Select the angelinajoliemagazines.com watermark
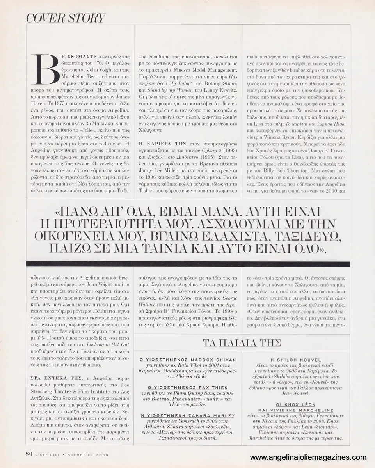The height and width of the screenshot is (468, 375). [x=308, y=457]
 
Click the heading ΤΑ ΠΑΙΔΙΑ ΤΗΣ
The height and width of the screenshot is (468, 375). [x=242, y=343]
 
